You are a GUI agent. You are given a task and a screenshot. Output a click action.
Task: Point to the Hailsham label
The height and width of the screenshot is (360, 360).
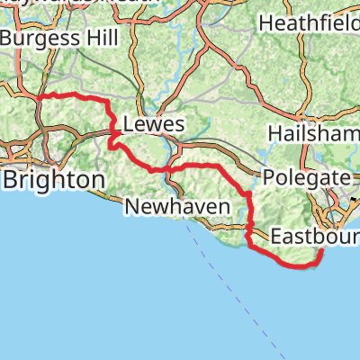312,132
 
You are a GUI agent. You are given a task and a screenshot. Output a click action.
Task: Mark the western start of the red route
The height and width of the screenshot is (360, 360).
42,96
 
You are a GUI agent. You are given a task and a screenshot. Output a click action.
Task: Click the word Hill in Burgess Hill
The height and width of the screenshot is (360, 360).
75,39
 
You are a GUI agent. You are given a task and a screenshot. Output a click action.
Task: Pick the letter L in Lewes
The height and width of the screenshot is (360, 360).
127,124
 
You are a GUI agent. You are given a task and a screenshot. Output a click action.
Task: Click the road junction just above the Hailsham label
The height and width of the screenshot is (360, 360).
310,115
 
